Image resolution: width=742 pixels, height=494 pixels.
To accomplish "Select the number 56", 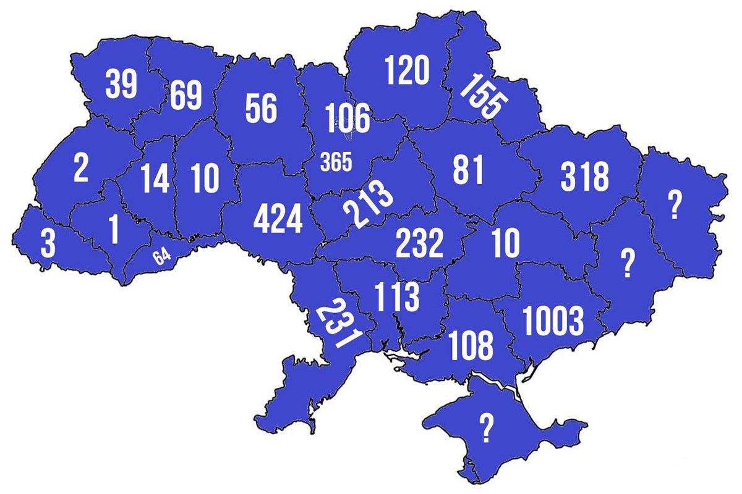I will [x=261, y=109].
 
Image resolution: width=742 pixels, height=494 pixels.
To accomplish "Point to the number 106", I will [x=347, y=119].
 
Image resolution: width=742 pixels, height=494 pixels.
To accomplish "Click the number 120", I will [x=406, y=70].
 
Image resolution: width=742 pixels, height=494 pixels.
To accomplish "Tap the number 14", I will [x=154, y=178].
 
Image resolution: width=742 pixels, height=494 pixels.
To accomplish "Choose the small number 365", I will [x=336, y=163].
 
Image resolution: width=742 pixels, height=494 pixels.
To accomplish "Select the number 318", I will [x=585, y=177].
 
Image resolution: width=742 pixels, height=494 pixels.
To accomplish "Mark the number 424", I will [x=278, y=220].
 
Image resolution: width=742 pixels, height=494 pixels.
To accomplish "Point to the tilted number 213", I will [x=369, y=204].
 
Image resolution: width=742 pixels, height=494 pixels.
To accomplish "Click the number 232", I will [x=420, y=244].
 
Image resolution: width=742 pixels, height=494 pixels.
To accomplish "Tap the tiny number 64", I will [x=162, y=256].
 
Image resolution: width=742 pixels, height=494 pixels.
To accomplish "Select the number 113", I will [x=397, y=298].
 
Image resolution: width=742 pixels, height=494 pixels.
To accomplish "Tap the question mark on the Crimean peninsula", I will [x=487, y=428].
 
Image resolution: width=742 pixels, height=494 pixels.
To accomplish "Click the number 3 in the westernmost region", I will [x=48, y=243].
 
